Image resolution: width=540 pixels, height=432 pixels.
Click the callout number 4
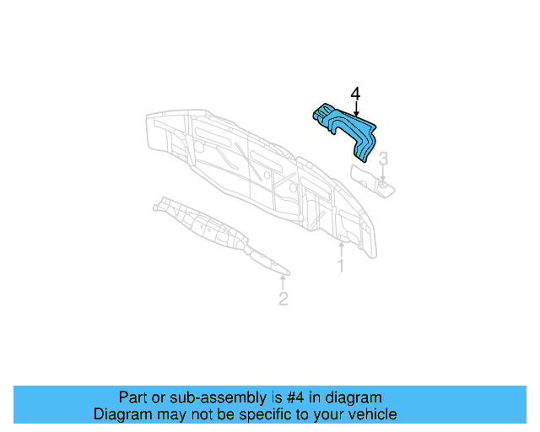(355, 94)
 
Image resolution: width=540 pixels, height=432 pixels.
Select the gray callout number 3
(383, 159)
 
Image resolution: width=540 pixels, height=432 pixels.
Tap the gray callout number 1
(341, 266)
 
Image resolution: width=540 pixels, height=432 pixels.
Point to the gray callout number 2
(283, 299)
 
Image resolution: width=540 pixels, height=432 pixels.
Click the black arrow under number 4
(356, 109)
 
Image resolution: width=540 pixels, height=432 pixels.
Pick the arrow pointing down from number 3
(382, 173)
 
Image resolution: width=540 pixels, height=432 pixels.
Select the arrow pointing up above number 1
(341, 250)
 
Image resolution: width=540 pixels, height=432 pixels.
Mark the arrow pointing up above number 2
(283, 283)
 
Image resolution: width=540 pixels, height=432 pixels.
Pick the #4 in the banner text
(295, 397)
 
